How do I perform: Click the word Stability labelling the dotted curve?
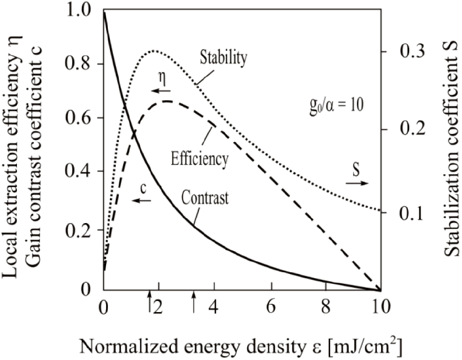[x=224, y=59]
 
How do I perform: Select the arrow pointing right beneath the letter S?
[x=357, y=183]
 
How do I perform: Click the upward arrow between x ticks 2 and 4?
[x=194, y=303]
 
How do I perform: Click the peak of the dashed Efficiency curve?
[x=167, y=101]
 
